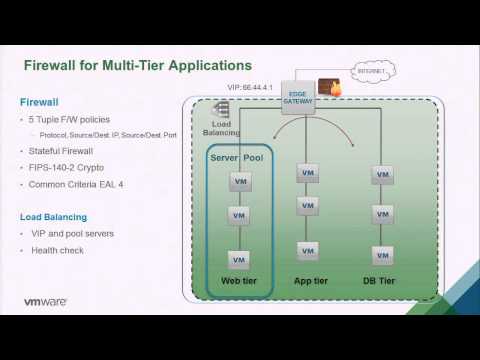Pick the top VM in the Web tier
[240, 182]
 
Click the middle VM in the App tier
[308, 207]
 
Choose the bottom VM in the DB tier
[381, 254]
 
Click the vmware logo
[45, 301]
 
